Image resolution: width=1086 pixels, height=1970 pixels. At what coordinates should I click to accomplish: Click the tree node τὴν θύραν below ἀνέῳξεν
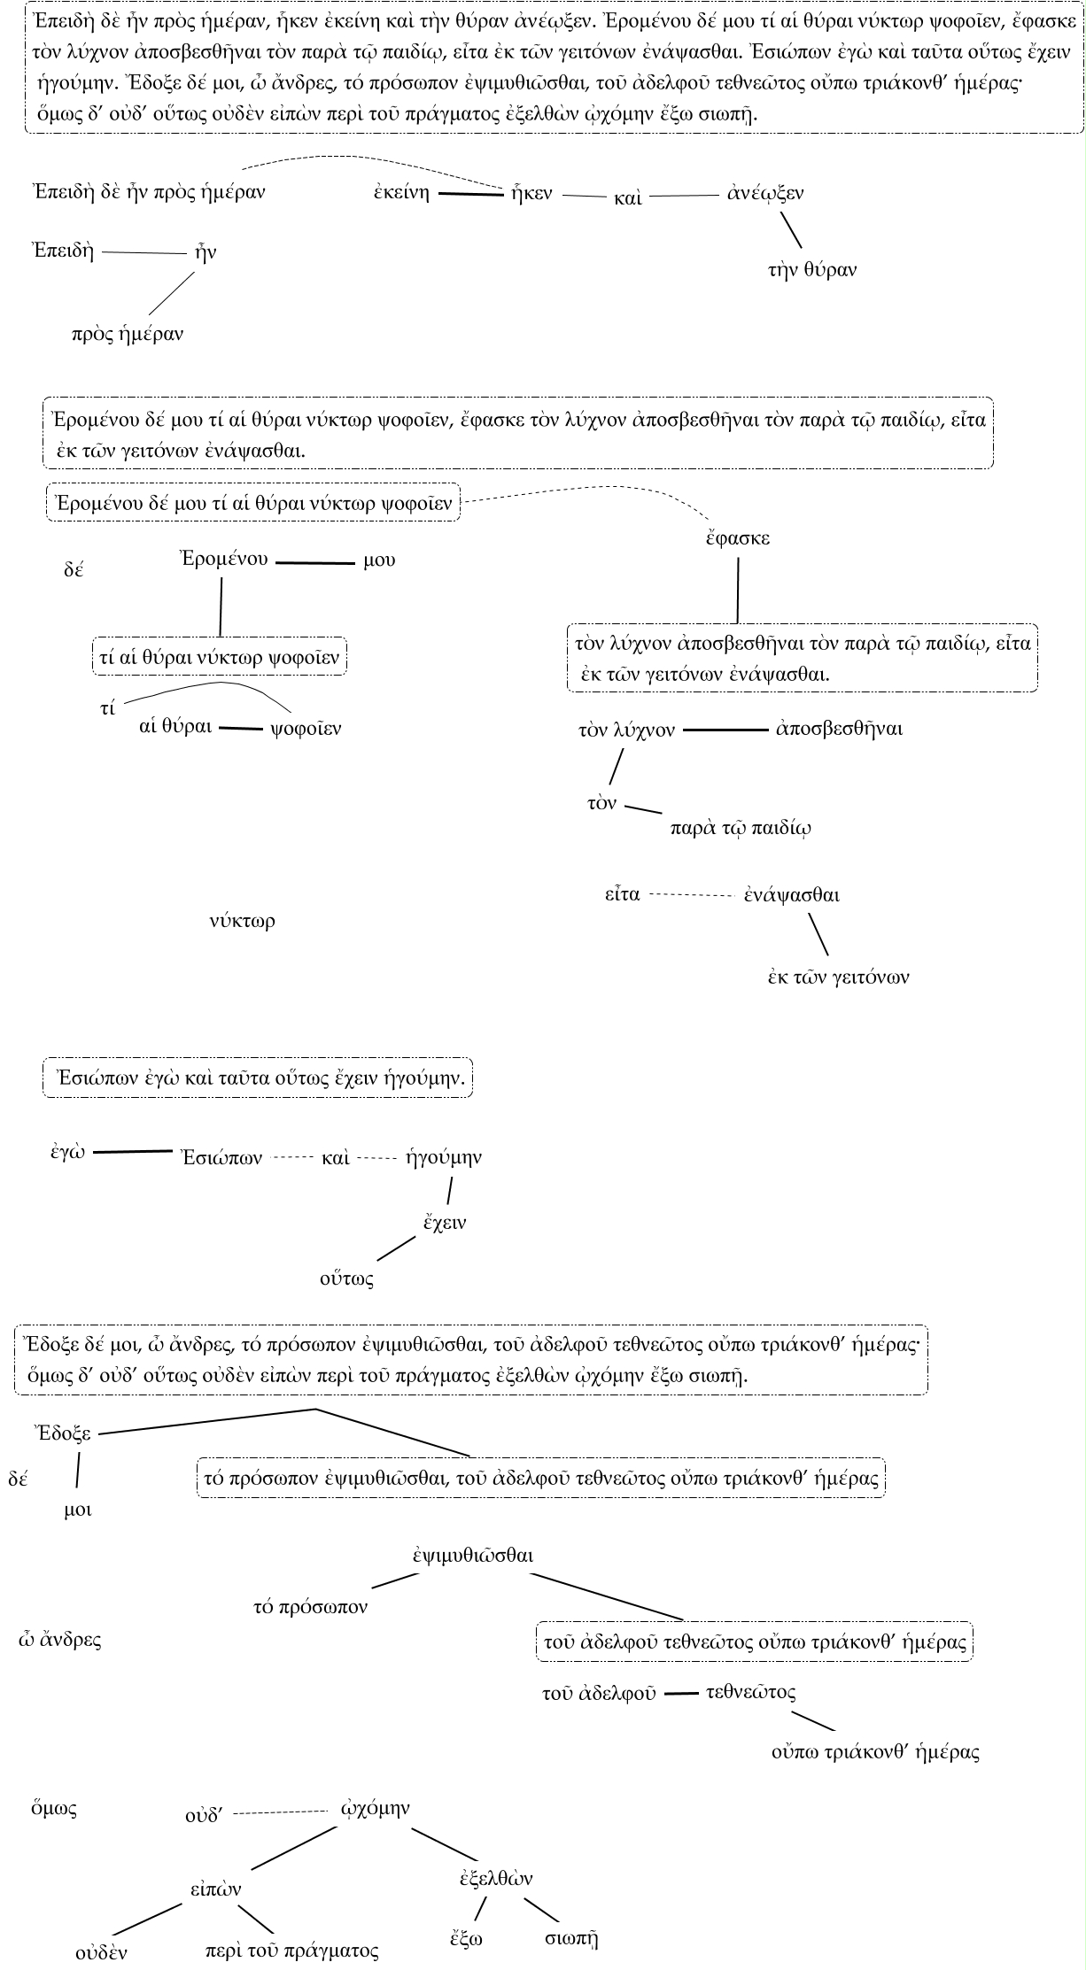pyautogui.click(x=812, y=271)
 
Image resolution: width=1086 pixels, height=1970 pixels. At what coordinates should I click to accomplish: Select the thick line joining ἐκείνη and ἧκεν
pyautogui.click(x=470, y=194)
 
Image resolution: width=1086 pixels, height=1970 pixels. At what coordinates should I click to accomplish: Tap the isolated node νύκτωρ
pyautogui.click(x=243, y=922)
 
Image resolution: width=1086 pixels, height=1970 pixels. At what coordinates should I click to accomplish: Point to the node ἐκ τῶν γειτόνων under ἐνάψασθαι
pyautogui.click(x=838, y=977)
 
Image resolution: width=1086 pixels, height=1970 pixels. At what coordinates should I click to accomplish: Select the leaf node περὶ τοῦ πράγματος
pyautogui.click(x=291, y=1951)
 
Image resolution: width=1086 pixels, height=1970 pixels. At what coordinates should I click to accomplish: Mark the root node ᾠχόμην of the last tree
pyautogui.click(x=376, y=1808)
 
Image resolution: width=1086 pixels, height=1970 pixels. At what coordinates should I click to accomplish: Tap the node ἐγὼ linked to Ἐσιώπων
pyautogui.click(x=67, y=1152)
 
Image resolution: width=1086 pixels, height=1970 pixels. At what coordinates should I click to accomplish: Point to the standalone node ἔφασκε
pyautogui.click(x=737, y=538)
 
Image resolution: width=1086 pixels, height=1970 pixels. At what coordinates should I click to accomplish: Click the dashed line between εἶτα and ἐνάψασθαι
pyautogui.click(x=692, y=895)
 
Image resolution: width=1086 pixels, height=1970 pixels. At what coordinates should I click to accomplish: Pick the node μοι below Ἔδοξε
pyautogui.click(x=78, y=1510)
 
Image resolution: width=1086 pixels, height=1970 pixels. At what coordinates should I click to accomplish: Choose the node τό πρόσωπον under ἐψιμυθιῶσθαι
pyautogui.click(x=310, y=1608)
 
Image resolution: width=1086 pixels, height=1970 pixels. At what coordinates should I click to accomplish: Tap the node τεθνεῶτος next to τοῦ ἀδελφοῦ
pyautogui.click(x=750, y=1693)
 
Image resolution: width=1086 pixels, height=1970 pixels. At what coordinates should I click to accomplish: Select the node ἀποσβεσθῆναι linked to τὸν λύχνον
pyautogui.click(x=839, y=730)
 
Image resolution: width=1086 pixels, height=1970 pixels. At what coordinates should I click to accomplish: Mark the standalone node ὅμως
pyautogui.click(x=53, y=1808)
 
